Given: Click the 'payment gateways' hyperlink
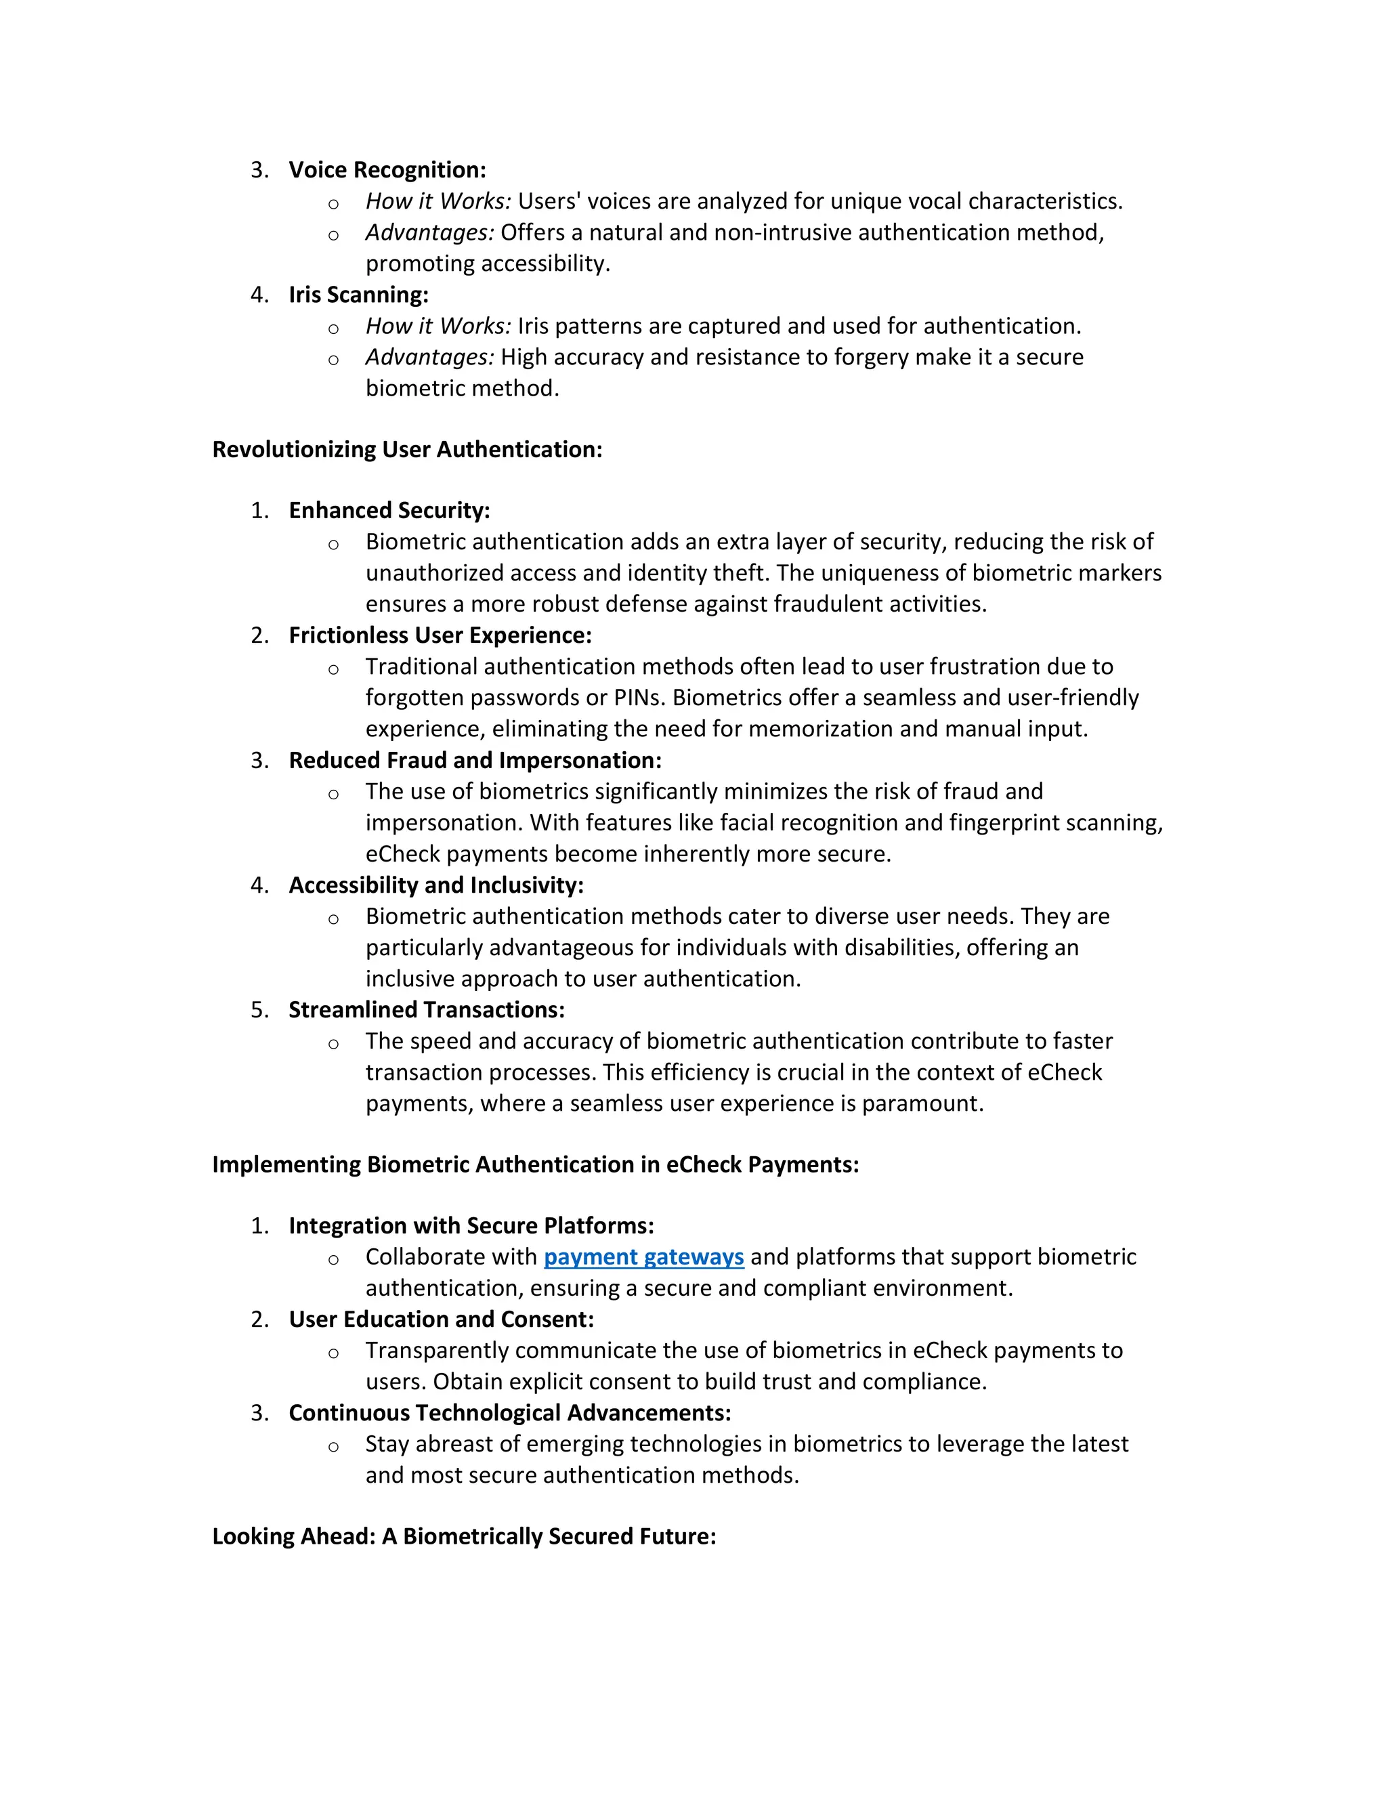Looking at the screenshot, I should click(x=643, y=1256).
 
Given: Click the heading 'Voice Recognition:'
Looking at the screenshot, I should click(x=387, y=170).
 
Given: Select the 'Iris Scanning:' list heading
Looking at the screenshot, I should click(x=358, y=295).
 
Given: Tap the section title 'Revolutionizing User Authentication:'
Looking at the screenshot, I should click(x=407, y=450).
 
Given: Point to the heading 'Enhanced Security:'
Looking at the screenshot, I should click(x=389, y=511).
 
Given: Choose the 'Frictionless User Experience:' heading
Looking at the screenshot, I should click(x=440, y=635).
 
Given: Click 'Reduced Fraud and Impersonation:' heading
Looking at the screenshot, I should click(x=475, y=760).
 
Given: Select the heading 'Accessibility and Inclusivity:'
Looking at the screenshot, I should click(x=435, y=885).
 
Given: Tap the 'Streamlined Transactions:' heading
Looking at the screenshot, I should click(x=427, y=1010).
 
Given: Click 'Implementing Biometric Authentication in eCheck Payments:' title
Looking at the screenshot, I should click(x=535, y=1164).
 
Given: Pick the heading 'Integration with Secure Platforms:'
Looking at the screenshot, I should click(x=471, y=1225).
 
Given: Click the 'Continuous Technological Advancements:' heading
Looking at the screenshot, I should click(x=509, y=1413).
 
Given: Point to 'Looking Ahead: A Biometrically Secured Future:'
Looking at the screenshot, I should click(x=463, y=1536).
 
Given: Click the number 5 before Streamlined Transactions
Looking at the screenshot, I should click(x=259, y=1010).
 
